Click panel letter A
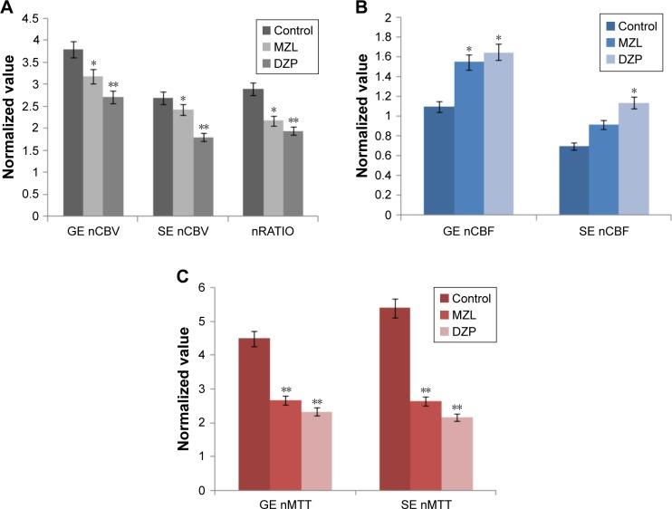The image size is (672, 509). (x=8, y=8)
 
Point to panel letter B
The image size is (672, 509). (x=360, y=8)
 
